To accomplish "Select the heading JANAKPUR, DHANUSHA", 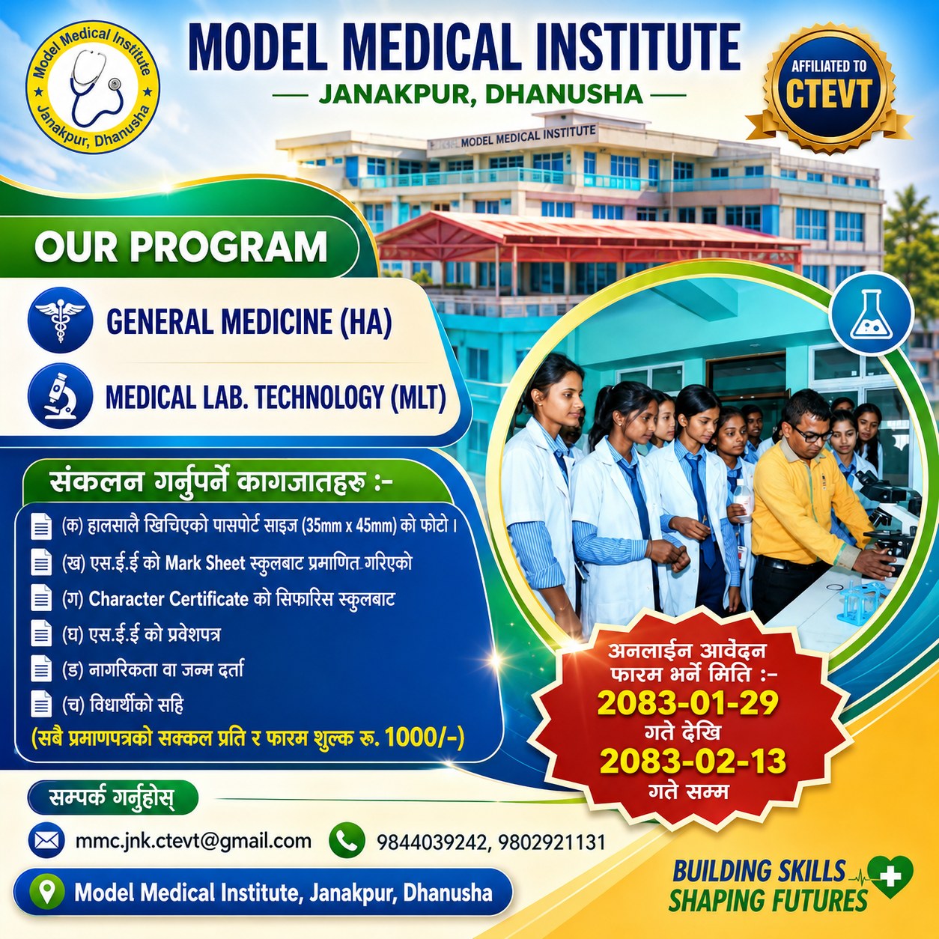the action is coord(481,94).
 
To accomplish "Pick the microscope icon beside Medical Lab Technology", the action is coord(60,397).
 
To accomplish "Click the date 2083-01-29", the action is coord(687,703).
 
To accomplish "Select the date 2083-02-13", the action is coord(693,761).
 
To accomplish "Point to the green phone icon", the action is coord(347,840).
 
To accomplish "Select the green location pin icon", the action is coord(46,891).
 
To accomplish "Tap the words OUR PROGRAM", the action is coord(180,246).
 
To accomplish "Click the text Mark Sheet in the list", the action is coord(204,563).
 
